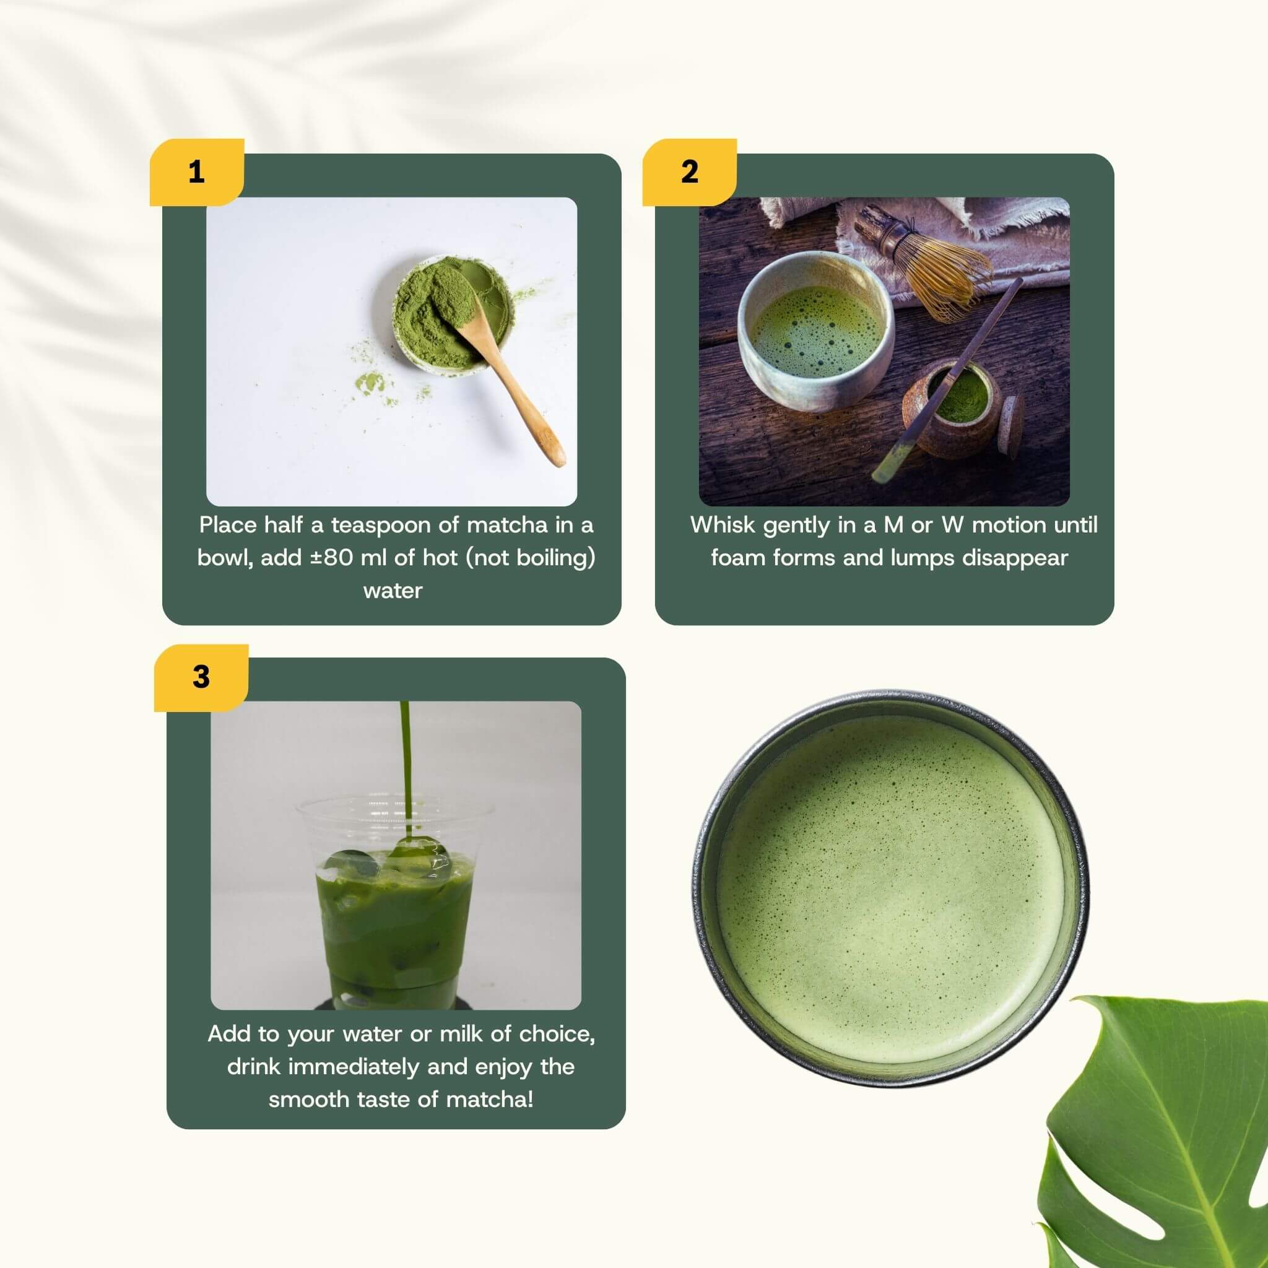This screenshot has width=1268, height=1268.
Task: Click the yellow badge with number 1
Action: point(196,172)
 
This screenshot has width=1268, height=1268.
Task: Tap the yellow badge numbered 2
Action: point(689,172)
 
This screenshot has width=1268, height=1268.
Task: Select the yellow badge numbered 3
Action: point(201,677)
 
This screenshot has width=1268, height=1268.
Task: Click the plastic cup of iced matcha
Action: point(394,919)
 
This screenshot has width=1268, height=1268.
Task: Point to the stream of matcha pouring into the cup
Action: point(406,762)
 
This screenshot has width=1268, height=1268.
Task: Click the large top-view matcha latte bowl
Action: point(890,889)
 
